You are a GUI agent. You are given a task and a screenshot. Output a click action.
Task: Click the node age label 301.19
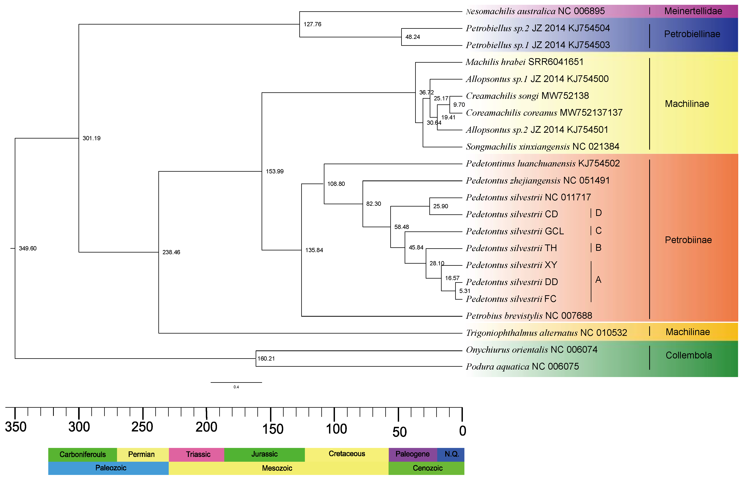coord(92,138)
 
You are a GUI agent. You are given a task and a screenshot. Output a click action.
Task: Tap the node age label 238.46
coord(171,252)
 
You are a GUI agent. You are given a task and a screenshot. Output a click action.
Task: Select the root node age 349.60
coord(28,248)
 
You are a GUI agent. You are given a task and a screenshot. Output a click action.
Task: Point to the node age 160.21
coord(266,358)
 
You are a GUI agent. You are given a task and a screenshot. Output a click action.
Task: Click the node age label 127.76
coord(312,24)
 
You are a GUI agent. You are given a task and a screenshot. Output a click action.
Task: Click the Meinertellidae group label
coord(693,11)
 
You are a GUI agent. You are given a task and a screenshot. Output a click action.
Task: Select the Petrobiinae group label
coord(688,240)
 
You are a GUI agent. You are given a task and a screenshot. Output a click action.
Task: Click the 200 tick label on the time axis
coord(206,427)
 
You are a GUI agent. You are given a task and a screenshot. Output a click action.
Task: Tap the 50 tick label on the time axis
coord(399,432)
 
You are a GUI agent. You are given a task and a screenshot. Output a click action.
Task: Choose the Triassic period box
coord(198,454)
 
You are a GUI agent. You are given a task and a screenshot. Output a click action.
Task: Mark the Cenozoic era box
coord(427,468)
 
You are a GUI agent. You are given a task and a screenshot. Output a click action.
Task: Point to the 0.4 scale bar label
coord(236,387)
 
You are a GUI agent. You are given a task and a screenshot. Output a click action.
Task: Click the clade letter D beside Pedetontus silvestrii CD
coord(598,213)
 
